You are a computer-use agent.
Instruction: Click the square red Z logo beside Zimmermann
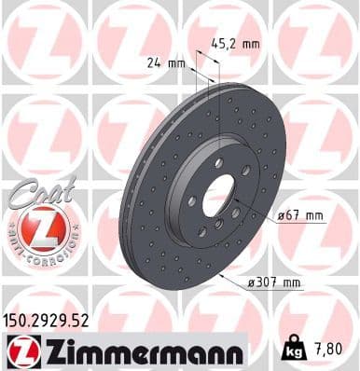(x=18, y=350)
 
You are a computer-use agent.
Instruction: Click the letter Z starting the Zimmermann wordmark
(x=47, y=350)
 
